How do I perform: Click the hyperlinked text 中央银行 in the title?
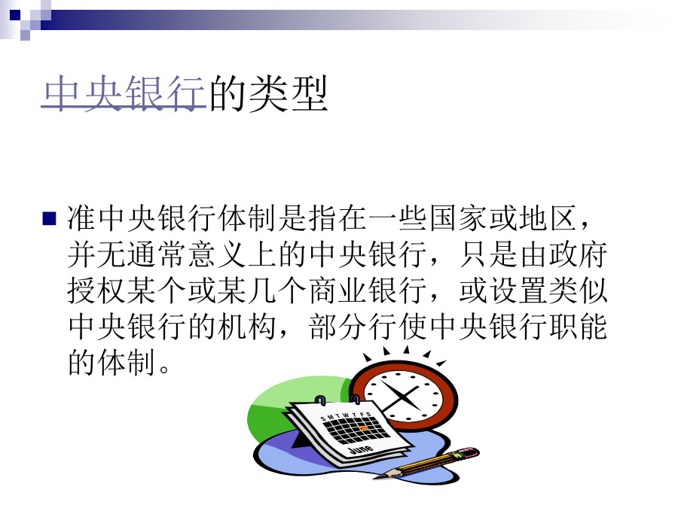pos(124,93)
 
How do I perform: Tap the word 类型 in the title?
pos(289,93)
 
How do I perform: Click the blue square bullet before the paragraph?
pos(49,218)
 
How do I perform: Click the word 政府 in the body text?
pos(578,254)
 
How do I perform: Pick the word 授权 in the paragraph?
pos(96,291)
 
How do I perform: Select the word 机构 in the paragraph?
pos(246,327)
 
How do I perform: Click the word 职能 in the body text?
pos(578,327)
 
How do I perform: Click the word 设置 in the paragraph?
pos(518,291)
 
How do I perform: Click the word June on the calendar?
pos(361,449)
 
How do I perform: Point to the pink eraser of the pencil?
pos(469,453)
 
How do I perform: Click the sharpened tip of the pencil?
pos(375,477)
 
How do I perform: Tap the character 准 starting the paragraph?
pos(81,217)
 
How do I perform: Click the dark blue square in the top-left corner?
pos(15,15)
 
